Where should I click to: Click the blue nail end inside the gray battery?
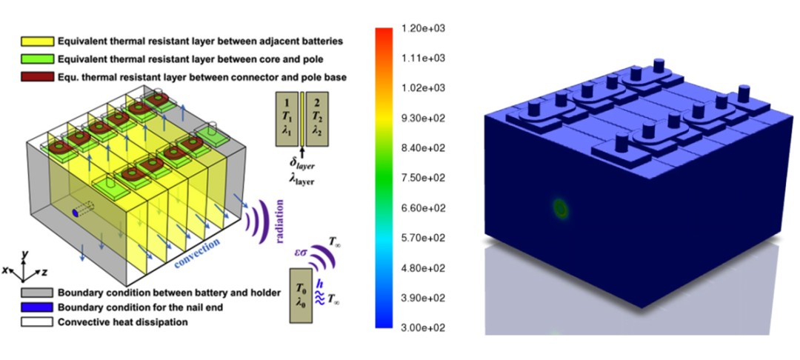[x=75, y=213]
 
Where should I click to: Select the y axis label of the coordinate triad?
[x=24, y=254]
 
